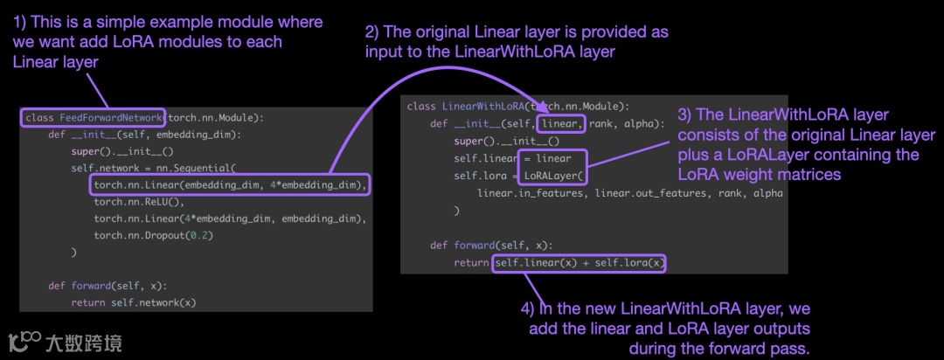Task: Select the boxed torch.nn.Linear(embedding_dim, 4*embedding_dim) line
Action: [230, 184]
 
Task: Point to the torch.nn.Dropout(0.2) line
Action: [153, 235]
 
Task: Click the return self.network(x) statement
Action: [134, 302]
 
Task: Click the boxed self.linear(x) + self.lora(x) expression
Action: [580, 262]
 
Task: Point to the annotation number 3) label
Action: [685, 115]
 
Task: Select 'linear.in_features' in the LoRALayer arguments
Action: [533, 192]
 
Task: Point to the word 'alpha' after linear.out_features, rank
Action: [768, 192]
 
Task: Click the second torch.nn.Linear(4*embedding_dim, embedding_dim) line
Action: [230, 218]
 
